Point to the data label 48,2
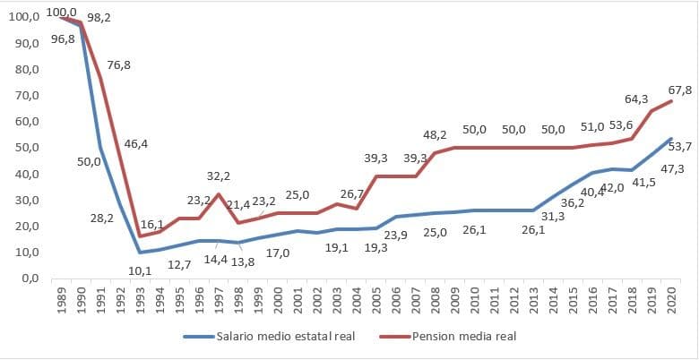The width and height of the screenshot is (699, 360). [x=436, y=134]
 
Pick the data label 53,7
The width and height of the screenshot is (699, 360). [x=679, y=146]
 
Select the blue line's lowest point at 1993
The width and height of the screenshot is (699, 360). [x=140, y=253]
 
